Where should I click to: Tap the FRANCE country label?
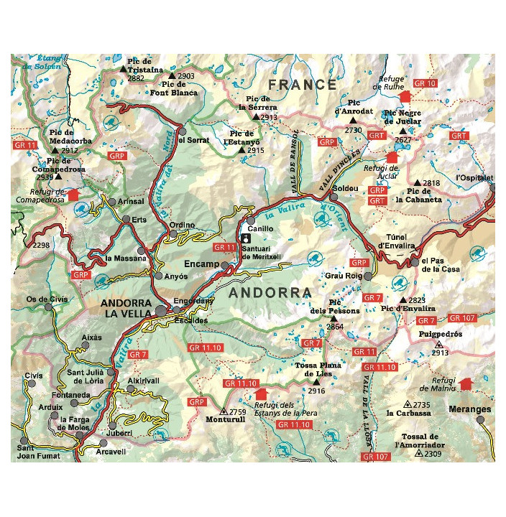tap(298, 85)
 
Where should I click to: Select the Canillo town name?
tap(261, 228)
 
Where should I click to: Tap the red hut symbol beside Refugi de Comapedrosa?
tap(72, 195)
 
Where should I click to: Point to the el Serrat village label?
tap(194, 140)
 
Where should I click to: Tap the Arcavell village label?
tap(111, 452)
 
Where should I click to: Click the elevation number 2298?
tap(41, 246)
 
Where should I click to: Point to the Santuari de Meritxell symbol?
tap(247, 237)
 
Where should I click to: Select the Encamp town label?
tap(201, 264)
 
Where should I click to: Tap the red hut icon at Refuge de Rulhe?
tap(404, 96)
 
